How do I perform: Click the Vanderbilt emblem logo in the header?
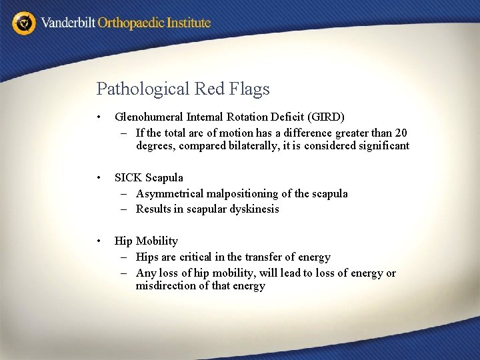coord(25,23)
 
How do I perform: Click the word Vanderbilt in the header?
coord(68,23)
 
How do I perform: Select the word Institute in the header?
coord(189,23)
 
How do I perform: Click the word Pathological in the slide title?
coord(141,89)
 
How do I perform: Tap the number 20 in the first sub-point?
coord(400,133)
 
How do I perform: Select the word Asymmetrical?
coord(170,193)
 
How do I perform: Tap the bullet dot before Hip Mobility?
coord(99,241)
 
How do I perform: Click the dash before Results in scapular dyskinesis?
coord(125,209)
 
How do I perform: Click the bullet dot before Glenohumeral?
coord(99,117)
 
